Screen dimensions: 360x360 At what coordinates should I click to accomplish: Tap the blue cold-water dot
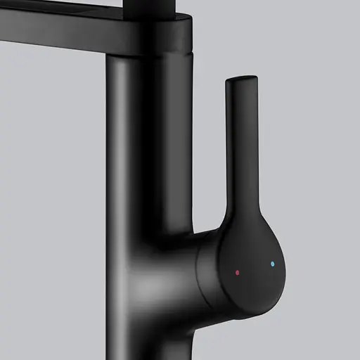[x=272, y=264]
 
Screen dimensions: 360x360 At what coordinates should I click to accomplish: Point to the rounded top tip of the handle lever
[x=237, y=79]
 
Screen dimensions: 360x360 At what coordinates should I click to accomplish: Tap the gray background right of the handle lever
[x=309, y=141]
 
